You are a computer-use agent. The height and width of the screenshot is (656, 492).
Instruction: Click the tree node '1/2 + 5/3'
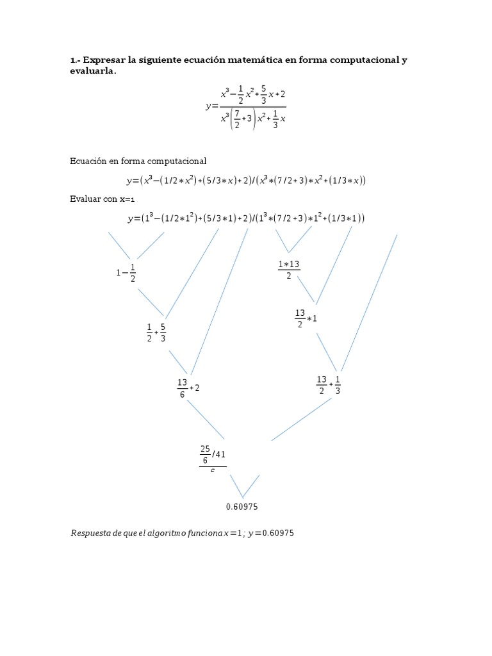point(156,332)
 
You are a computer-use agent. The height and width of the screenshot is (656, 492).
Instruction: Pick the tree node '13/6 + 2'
point(188,388)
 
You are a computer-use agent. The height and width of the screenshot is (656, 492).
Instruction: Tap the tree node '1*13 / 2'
point(289,270)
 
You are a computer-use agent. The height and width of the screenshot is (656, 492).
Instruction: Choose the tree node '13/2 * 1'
point(306,318)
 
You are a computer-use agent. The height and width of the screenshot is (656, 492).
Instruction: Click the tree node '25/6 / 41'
point(213,457)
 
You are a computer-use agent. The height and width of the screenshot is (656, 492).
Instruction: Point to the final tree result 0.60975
point(242,507)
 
